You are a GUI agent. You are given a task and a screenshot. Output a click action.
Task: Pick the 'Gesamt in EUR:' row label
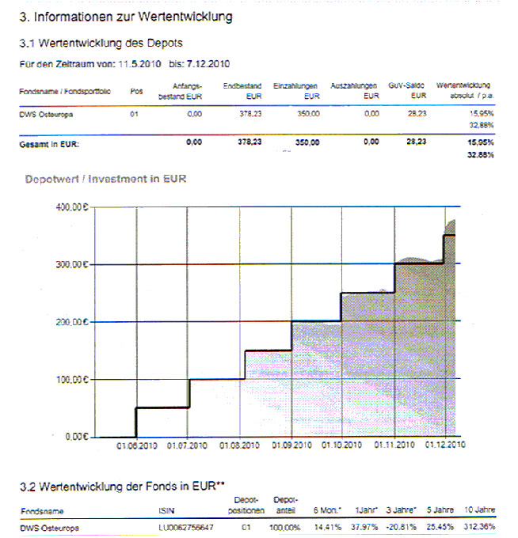pos(49,143)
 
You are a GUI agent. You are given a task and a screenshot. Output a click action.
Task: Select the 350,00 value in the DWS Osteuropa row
pos(307,115)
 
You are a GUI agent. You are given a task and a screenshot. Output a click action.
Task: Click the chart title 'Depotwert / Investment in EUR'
pos(105,179)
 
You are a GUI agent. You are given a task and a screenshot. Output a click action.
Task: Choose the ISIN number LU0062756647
pos(186,527)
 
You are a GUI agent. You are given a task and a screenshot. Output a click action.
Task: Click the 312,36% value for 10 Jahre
pos(479,527)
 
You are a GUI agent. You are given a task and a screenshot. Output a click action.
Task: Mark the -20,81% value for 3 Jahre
pos(404,527)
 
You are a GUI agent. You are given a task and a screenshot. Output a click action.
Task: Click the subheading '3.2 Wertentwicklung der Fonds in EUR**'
pos(124,483)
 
